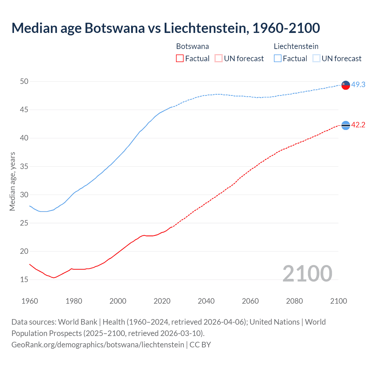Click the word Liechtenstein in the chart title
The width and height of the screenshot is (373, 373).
click(206, 28)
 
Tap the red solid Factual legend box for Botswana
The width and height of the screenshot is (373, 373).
click(180, 59)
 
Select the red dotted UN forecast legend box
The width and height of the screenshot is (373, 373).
click(219, 59)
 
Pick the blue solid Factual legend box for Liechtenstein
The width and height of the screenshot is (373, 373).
click(278, 59)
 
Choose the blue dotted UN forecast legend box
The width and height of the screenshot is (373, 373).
click(316, 59)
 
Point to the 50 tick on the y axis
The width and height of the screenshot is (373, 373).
click(24, 82)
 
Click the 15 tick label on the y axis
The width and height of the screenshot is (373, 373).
click(24, 280)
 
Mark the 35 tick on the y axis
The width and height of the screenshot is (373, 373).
click(24, 167)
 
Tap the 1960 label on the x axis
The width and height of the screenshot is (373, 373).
click(30, 301)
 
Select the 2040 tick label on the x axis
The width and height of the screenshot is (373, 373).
click(206, 301)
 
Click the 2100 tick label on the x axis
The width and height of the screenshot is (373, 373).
click(338, 301)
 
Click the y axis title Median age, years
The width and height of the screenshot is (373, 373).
click(12, 181)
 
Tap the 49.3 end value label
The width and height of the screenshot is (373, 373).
click(358, 85)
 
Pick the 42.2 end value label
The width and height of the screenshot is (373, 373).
click(358, 125)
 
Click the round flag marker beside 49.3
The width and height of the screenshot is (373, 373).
click(346, 85)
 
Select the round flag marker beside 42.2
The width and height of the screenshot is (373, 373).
click(346, 125)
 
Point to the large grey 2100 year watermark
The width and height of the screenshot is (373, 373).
click(307, 273)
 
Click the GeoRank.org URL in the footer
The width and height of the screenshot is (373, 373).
click(98, 345)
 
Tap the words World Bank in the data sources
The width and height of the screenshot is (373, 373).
click(78, 322)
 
